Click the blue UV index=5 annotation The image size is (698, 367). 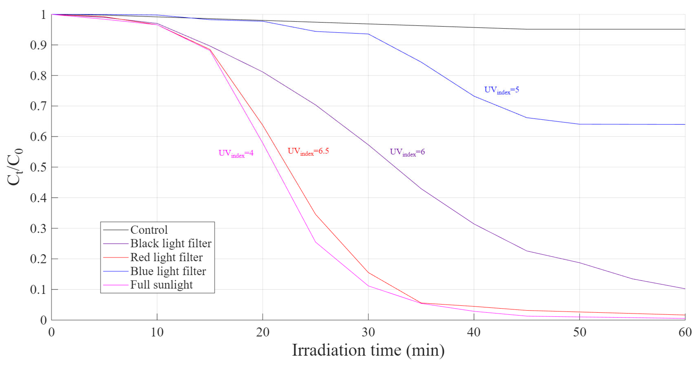(501, 90)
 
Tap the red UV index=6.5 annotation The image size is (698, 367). (308, 151)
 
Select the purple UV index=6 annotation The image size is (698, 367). (407, 152)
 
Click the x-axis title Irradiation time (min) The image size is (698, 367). (368, 350)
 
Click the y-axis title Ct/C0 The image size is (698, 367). (15, 167)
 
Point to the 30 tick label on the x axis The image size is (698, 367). (368, 332)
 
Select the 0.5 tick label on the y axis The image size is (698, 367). (38, 167)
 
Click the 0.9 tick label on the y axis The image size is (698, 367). (38, 45)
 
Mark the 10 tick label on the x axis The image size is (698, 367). (157, 332)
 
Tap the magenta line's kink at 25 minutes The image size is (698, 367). (315, 242)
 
